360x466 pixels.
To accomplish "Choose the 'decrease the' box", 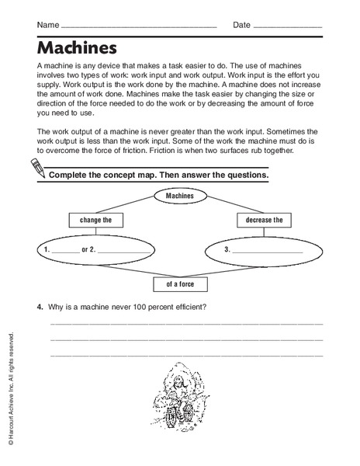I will (x=263, y=221).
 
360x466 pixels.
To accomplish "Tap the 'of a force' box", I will (x=180, y=283).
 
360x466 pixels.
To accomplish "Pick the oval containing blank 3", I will (x=264, y=249).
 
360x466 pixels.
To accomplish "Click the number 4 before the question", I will (x=39, y=306).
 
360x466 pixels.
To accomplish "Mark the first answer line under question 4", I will (x=186, y=323).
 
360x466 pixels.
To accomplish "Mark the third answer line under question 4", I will (x=186, y=356).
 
